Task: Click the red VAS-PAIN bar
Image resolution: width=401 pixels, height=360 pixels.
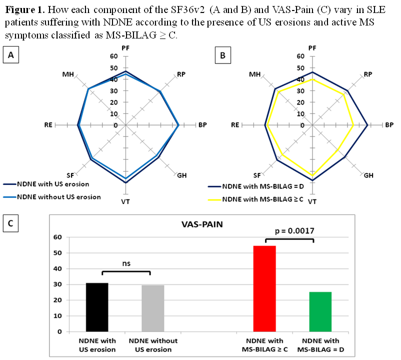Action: point(264,288)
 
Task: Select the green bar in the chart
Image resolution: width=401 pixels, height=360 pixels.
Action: point(320,311)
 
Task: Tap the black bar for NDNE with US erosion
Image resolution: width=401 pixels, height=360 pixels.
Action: point(97,307)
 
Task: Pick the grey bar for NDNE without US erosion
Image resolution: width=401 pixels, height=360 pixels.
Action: point(153,308)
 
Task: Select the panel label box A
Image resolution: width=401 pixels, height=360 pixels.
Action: point(10,54)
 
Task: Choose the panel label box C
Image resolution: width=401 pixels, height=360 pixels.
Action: point(10,223)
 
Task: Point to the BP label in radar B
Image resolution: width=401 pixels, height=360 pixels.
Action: point(388,124)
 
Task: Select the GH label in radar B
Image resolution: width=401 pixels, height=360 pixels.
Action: point(368,175)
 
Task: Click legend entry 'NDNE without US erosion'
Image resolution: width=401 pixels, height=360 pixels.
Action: point(58,196)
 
